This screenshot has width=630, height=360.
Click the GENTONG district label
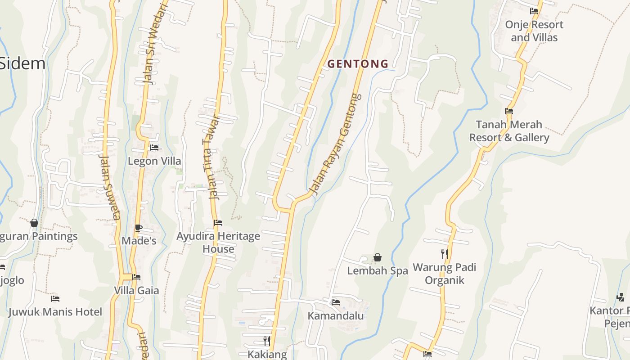tap(358, 64)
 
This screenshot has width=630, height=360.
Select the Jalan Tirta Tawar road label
tap(209, 157)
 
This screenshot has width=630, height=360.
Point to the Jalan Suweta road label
tap(109, 187)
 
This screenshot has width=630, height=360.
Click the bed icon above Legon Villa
tap(154, 148)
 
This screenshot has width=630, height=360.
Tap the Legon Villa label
tap(154, 161)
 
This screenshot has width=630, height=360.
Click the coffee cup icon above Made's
tap(139, 228)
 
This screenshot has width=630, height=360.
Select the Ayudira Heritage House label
tap(218, 242)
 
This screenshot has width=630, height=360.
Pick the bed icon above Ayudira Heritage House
tap(218, 223)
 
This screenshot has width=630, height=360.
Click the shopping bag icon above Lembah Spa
tap(378, 257)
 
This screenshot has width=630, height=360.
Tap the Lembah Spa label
tap(378, 271)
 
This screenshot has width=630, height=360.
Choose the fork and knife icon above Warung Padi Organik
tap(445, 254)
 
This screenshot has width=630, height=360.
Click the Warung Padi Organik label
tap(445, 274)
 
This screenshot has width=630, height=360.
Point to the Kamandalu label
tap(336, 316)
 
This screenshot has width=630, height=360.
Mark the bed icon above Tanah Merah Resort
tap(509, 111)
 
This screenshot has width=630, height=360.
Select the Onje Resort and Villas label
tap(534, 31)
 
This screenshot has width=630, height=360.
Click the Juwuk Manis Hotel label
tap(55, 312)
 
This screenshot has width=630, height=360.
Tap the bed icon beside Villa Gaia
tap(136, 277)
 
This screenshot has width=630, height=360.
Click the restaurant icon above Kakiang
tap(267, 341)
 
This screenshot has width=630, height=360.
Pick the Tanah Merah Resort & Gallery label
tap(509, 131)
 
